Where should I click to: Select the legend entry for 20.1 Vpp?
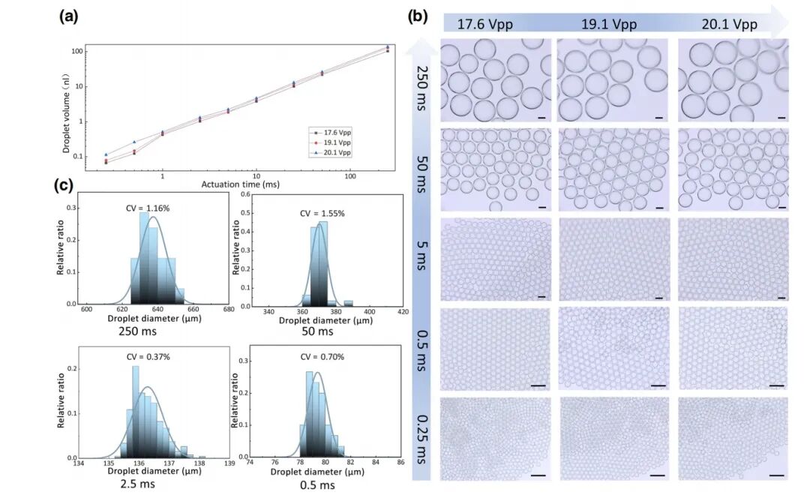pos(334,152)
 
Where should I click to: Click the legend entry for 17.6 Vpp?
pos(334,132)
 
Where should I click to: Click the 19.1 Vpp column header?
pos(609,24)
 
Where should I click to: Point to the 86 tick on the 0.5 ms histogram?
pos(400,463)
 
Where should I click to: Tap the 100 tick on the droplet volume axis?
pos(76,51)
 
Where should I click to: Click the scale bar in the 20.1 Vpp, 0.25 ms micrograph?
pos(776,475)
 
